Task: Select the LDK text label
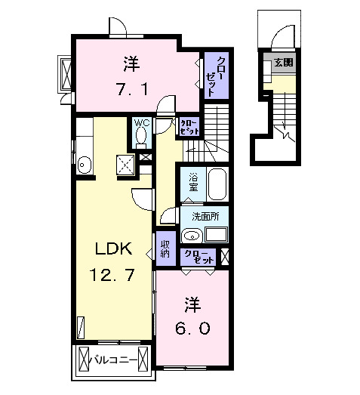click(x=113, y=248)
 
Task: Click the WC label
click(x=141, y=122)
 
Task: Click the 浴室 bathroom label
click(x=192, y=182)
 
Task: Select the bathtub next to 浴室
click(x=217, y=184)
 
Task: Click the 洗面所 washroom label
click(x=205, y=216)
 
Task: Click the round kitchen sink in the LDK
click(x=85, y=164)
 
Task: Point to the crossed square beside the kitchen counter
click(x=125, y=163)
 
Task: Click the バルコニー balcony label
click(x=113, y=360)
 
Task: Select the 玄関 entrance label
click(x=285, y=62)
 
